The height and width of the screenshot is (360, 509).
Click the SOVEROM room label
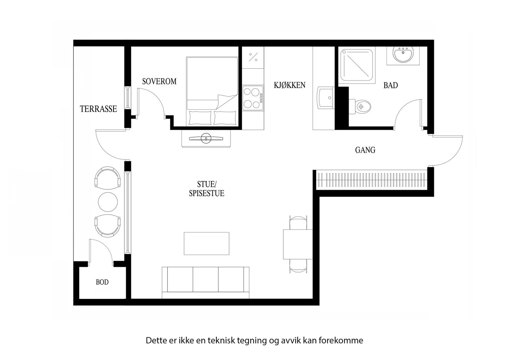pyautogui.click(x=159, y=81)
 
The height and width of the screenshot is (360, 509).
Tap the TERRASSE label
pyautogui.click(x=98, y=109)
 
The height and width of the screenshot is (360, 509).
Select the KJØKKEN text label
pyautogui.click(x=289, y=85)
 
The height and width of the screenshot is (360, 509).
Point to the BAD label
pyautogui.click(x=390, y=85)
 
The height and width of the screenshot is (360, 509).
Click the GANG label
pyautogui.click(x=365, y=150)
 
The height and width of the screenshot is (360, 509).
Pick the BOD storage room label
pyautogui.click(x=102, y=282)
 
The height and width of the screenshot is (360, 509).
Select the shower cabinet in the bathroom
pyautogui.click(x=357, y=66)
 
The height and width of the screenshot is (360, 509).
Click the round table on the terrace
pyautogui.click(x=108, y=202)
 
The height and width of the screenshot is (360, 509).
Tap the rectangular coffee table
pyautogui.click(x=206, y=243)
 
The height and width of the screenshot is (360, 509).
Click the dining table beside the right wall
pyautogui.click(x=298, y=244)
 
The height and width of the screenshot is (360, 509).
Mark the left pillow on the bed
pyautogui.click(x=200, y=118)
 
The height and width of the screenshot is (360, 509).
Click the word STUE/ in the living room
pyautogui.click(x=206, y=184)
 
